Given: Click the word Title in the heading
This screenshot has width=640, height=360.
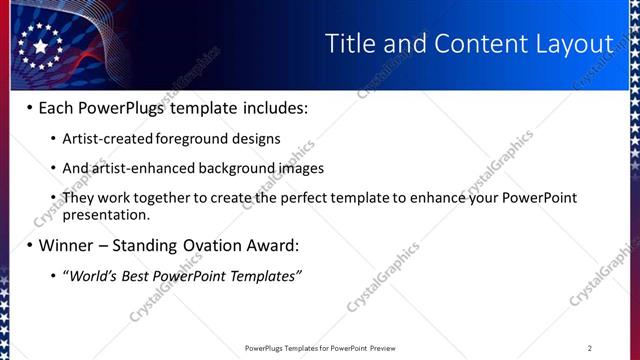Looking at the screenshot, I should point(353,43).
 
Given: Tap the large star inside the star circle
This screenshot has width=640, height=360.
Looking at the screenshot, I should point(40,46).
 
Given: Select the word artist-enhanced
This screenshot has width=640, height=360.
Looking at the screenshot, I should point(137,168).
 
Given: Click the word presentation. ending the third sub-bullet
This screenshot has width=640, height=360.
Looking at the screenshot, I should point(106,214).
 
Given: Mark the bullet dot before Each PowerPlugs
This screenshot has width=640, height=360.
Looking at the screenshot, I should point(29,108).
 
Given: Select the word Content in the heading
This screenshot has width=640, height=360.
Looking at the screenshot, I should point(472,43).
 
